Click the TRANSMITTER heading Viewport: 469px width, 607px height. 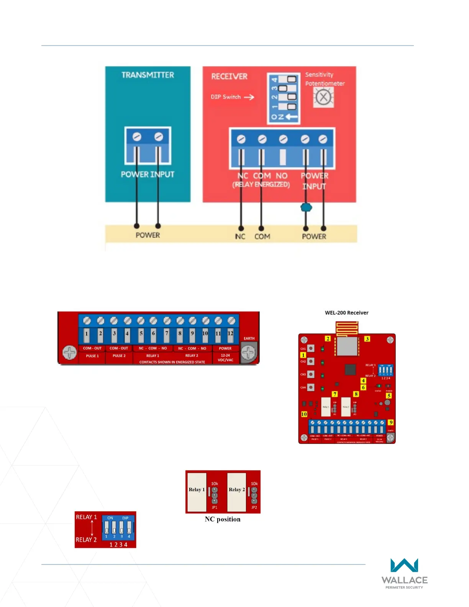tap(148, 75)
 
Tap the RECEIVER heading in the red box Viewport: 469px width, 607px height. tap(229, 77)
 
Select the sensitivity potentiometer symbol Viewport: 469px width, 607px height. tap(323, 97)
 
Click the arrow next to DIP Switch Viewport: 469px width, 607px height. tap(249, 97)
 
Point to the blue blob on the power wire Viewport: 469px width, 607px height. tap(306, 208)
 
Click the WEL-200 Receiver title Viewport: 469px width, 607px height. tap(346, 313)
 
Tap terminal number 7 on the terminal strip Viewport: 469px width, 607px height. tap(167, 333)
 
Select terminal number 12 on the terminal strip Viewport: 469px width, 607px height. tap(230, 333)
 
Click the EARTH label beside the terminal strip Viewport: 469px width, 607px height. tap(249, 338)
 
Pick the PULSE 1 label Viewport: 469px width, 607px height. tap(92, 356)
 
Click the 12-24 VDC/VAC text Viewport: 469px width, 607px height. tap(225, 358)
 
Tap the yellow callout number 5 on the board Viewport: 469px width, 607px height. tap(389, 396)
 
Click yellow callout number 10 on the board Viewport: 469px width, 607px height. tap(304, 414)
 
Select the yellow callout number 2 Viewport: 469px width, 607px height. tap(328, 339)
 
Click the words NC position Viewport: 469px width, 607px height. tap(223, 519)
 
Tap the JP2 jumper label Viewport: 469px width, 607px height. tap(254, 507)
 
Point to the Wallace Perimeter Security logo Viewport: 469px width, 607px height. tap(404, 573)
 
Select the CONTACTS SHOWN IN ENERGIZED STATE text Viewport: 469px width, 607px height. tap(172, 362)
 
